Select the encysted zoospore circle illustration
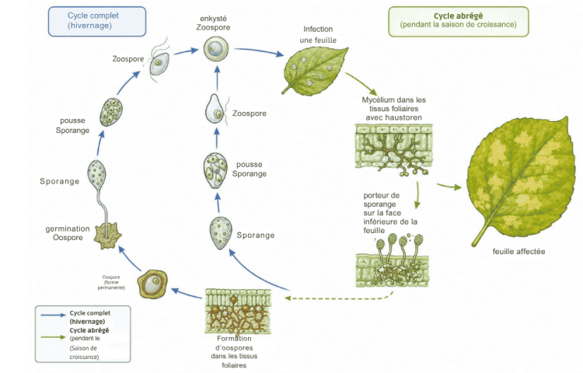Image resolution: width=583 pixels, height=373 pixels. click(x=215, y=49)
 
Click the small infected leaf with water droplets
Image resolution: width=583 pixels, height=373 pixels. click(x=316, y=71)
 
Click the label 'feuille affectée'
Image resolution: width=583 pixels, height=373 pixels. click(x=518, y=252)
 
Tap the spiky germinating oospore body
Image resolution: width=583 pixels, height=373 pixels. click(x=107, y=235)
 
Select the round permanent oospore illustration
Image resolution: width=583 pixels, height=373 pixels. click(x=152, y=284)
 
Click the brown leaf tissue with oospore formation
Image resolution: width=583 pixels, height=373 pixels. click(x=238, y=312)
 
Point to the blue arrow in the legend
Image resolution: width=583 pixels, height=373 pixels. click(x=54, y=315)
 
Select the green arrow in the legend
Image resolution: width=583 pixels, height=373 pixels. click(x=54, y=337)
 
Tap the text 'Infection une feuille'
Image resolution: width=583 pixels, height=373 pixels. click(x=318, y=34)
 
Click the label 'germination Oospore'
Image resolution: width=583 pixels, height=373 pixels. click(x=68, y=233)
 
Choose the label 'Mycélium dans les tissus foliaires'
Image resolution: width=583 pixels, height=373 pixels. click(x=394, y=104)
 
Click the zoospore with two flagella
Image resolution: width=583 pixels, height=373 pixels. click(x=159, y=62)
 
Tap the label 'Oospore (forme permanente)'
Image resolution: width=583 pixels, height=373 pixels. click(x=111, y=282)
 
